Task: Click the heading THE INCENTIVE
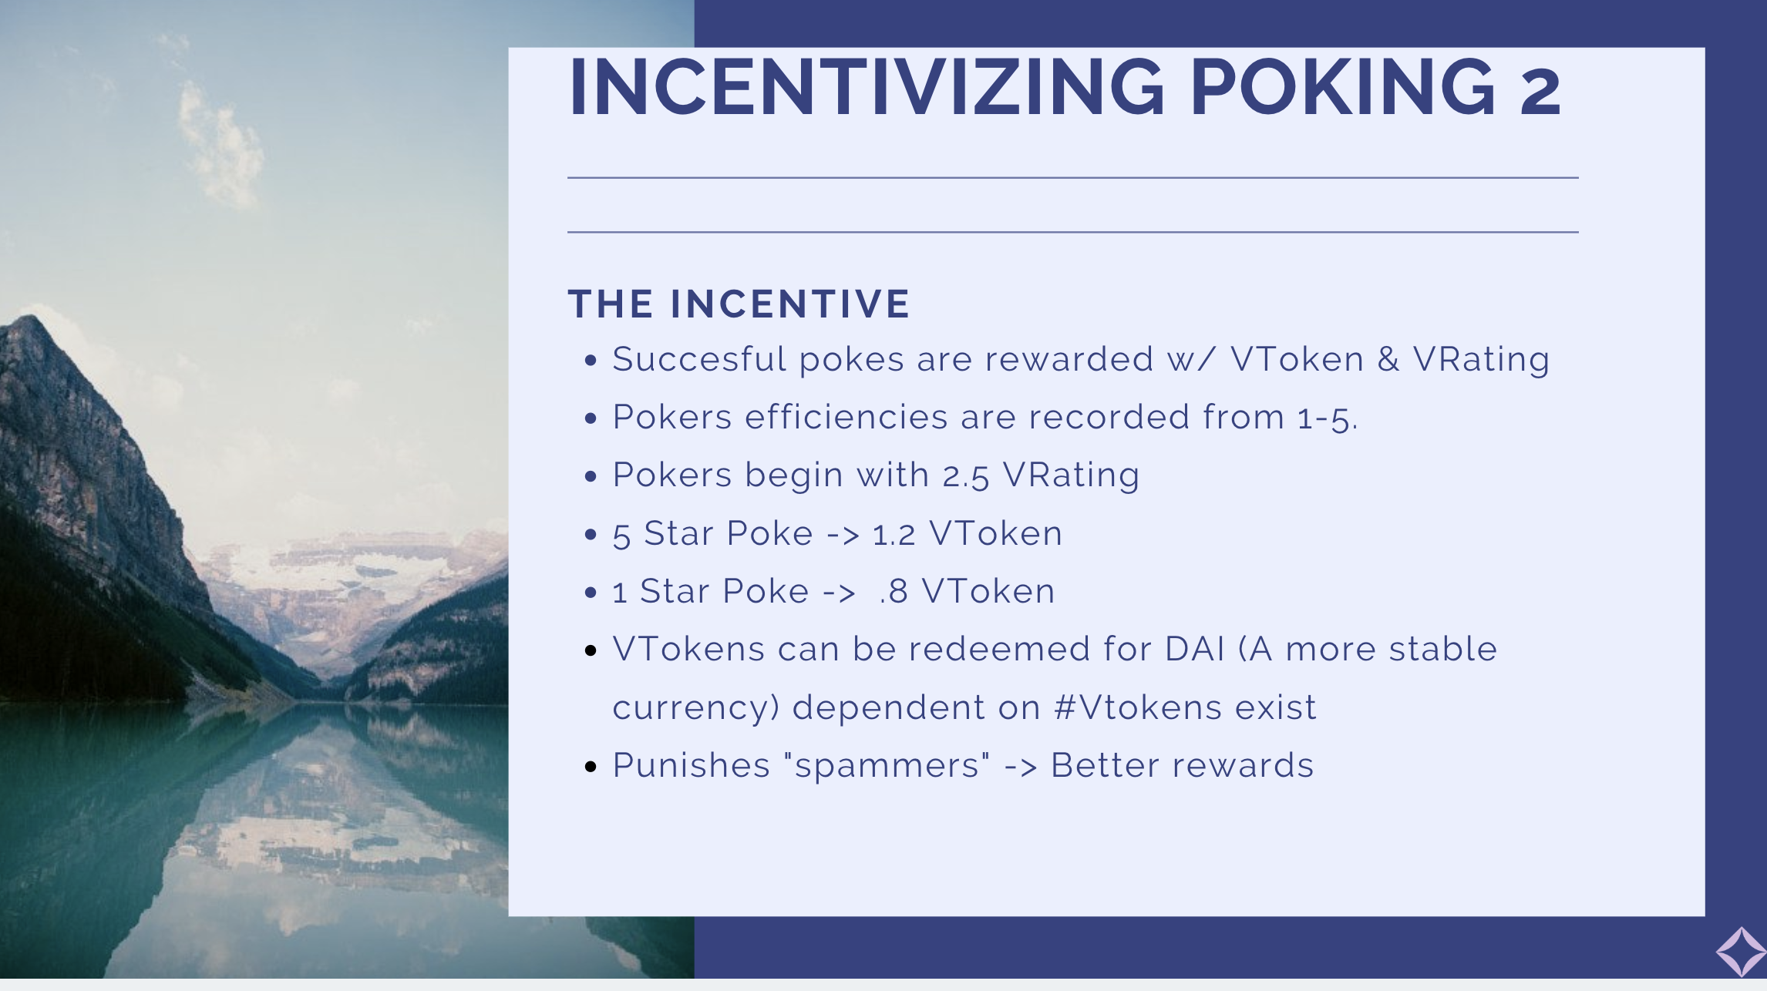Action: [x=739, y=304]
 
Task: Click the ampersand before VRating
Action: [x=1388, y=359]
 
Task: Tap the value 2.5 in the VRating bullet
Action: [x=965, y=476]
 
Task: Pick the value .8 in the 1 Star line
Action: [x=894, y=592]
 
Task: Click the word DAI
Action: [x=1194, y=649]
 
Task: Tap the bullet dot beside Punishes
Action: [x=591, y=766]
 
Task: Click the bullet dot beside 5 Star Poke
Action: [x=591, y=534]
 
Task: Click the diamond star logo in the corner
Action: [x=1741, y=952]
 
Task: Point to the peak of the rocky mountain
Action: [x=29, y=317]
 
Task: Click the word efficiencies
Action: [x=846, y=417]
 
